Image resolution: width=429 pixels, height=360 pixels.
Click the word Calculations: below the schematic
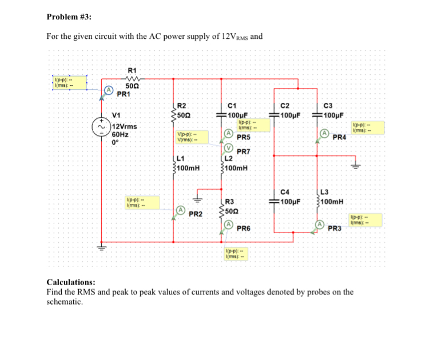(70, 282)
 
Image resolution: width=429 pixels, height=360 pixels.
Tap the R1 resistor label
(132, 70)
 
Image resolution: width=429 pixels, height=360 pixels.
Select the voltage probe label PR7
(243, 151)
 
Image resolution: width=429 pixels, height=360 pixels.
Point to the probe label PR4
(339, 137)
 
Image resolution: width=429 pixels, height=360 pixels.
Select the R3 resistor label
(229, 201)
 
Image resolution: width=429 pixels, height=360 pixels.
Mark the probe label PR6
(243, 229)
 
